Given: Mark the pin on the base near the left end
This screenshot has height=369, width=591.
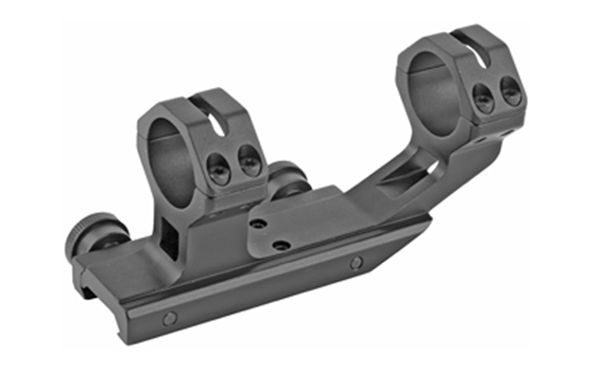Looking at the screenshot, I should [x=169, y=318].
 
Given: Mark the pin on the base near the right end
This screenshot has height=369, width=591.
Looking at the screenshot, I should [x=356, y=264].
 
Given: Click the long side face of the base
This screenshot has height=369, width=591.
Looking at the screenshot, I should [x=265, y=293].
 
